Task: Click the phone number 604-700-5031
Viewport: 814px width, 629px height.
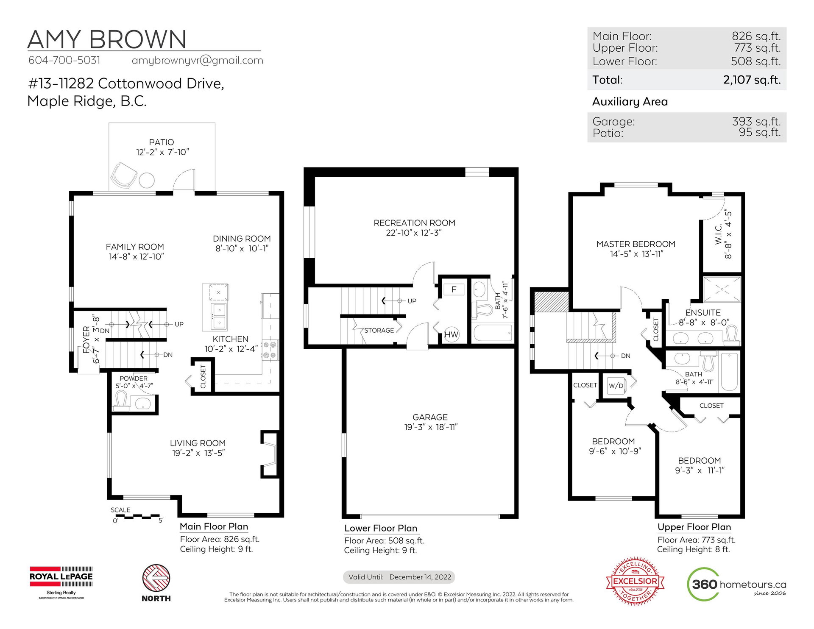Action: click(x=64, y=60)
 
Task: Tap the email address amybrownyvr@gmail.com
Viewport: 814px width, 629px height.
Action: click(x=198, y=61)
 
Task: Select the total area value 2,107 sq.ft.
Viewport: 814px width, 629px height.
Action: click(x=752, y=80)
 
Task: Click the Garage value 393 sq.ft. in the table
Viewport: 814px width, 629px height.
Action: click(x=756, y=121)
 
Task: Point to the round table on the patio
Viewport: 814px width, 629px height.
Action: click(x=147, y=180)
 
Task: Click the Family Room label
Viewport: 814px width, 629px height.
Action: click(x=135, y=247)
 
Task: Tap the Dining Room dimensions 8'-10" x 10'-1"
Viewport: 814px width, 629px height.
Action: click(x=242, y=249)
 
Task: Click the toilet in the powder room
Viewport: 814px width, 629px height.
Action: click(x=121, y=401)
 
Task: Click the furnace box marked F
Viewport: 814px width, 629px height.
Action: click(x=454, y=289)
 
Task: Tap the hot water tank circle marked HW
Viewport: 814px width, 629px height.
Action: click(x=452, y=334)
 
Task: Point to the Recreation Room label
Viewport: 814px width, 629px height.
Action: click(x=414, y=223)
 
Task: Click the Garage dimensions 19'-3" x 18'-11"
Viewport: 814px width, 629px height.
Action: click(x=431, y=427)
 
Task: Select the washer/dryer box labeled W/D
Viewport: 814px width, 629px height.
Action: click(x=616, y=386)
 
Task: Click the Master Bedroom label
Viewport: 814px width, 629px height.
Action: click(x=636, y=244)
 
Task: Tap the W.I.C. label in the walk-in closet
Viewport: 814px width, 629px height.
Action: click(x=718, y=234)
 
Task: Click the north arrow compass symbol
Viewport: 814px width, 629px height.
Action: click(x=156, y=578)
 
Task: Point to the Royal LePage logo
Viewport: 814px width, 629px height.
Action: click(x=61, y=582)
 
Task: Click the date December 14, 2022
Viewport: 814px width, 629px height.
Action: click(x=420, y=577)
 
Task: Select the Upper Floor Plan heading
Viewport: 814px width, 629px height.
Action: click(x=694, y=527)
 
